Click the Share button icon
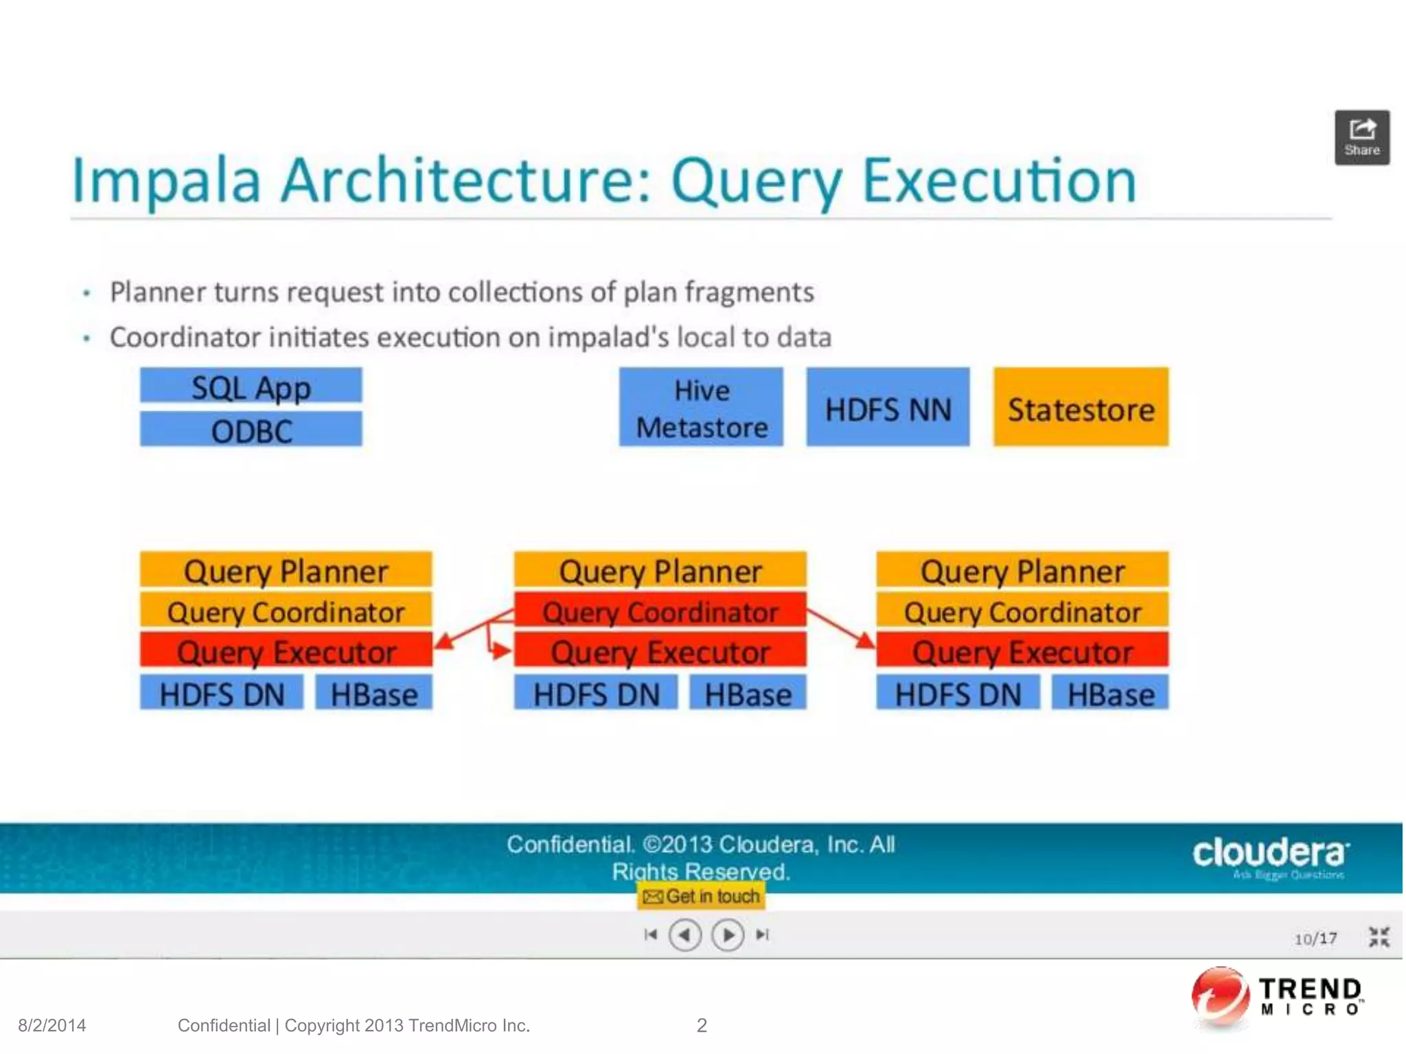coord(1362,137)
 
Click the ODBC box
coord(251,430)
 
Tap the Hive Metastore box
coord(701,408)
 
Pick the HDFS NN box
coord(888,408)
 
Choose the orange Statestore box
coord(1081,408)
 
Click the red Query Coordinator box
coord(660,610)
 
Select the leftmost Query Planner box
coord(286,570)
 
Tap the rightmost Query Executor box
coord(1022,650)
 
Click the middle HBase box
coord(748,693)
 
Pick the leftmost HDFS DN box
coord(222,693)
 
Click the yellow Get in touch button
coord(701,896)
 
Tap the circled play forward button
coord(728,935)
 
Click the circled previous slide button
coord(684,935)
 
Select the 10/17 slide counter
coord(1315,938)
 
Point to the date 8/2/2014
coord(52,1025)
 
